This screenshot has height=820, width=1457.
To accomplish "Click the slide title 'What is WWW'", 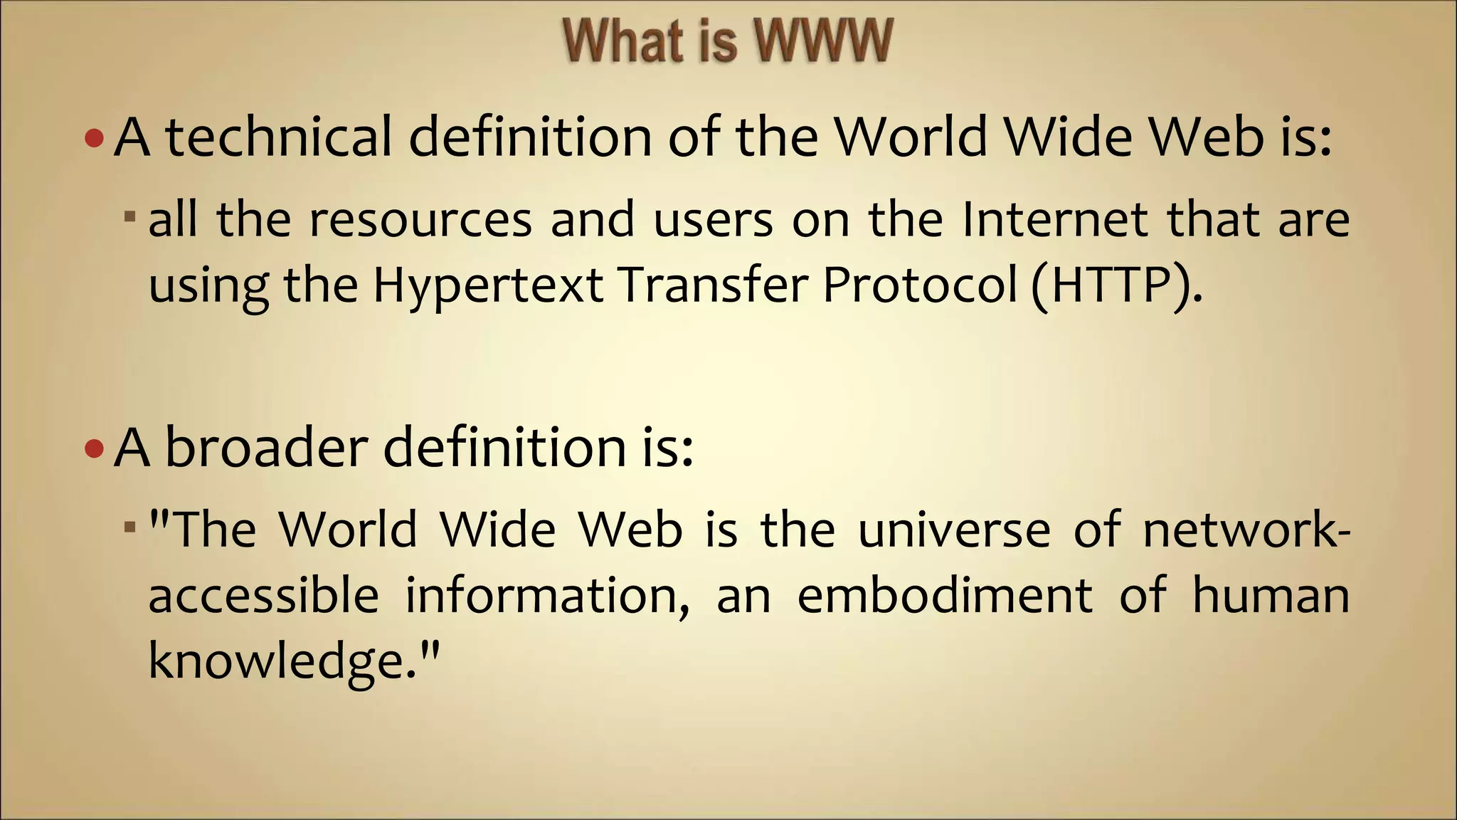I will click(x=727, y=41).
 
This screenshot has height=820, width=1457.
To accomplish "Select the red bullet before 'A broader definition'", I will click(x=93, y=449).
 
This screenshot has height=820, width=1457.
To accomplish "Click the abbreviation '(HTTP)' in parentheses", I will click(x=1116, y=285).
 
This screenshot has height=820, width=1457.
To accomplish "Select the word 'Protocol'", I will click(x=921, y=285).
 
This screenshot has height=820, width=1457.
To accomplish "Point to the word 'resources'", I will click(x=420, y=221).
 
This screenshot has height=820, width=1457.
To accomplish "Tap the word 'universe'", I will click(x=954, y=531).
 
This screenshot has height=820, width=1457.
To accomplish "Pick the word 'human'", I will click(x=1271, y=596).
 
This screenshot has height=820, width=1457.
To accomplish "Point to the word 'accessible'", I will click(x=263, y=595).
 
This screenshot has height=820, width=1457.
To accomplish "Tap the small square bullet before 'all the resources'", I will click(x=129, y=216).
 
